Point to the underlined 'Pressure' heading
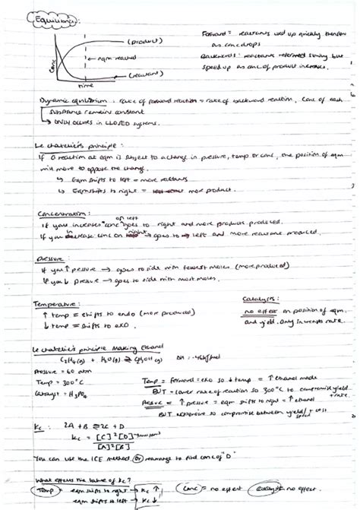51,259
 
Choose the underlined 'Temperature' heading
58,303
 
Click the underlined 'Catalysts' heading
260,300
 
